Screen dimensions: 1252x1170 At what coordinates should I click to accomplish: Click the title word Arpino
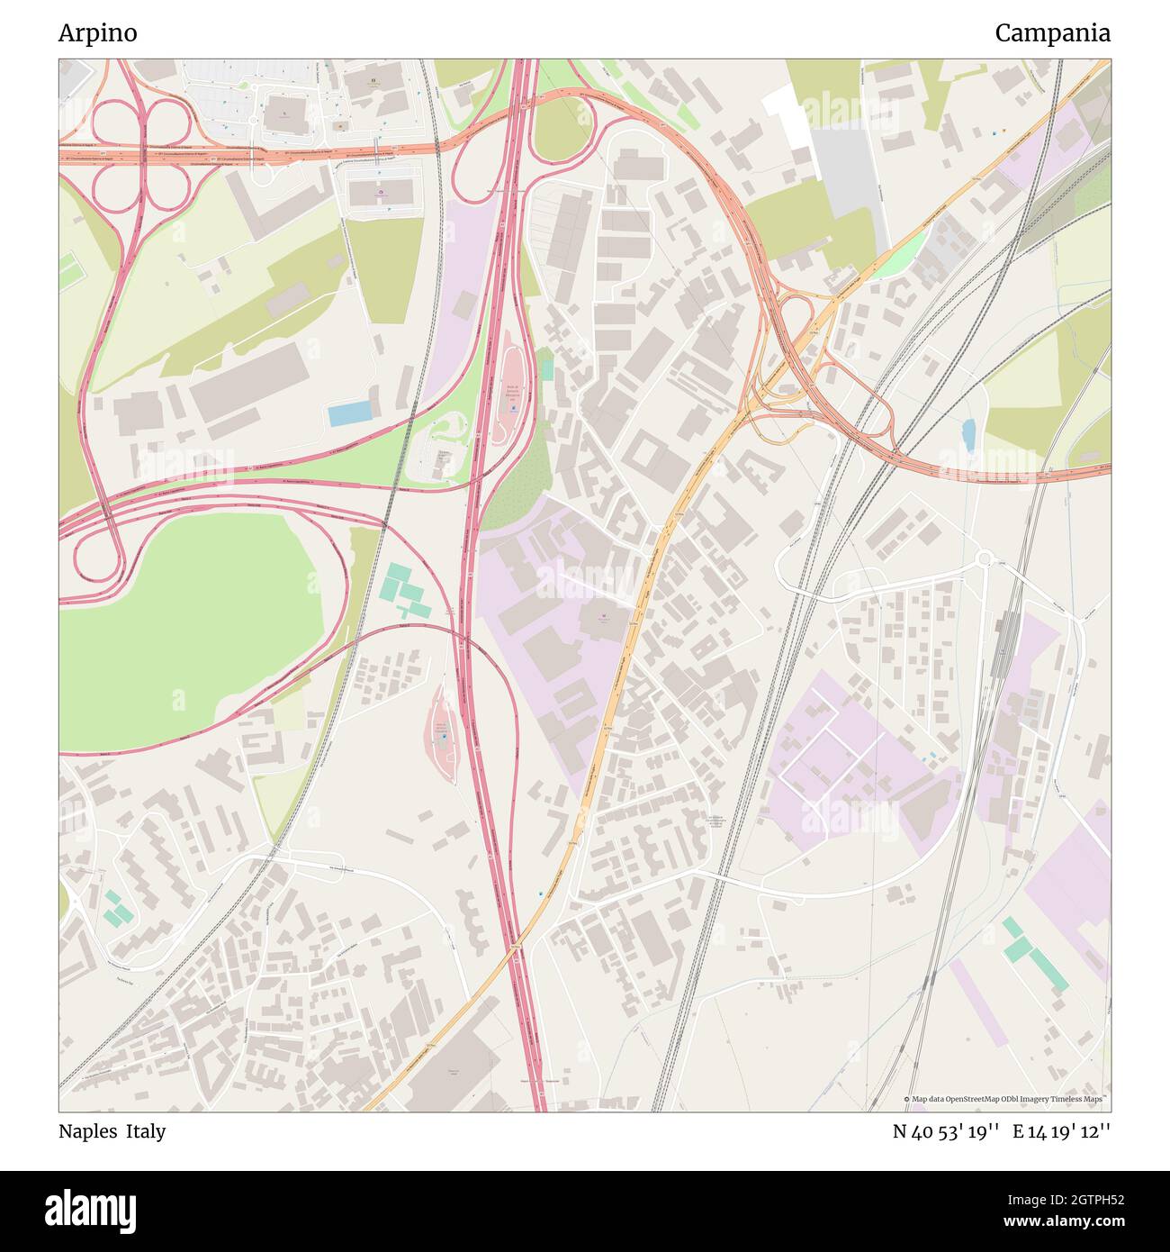click(98, 33)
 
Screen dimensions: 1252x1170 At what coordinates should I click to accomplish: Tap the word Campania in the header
click(1052, 33)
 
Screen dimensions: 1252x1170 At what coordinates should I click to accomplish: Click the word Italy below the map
click(146, 1131)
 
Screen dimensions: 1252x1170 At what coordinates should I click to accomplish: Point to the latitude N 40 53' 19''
click(946, 1131)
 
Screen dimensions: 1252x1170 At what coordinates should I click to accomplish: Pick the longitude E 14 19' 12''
click(1061, 1131)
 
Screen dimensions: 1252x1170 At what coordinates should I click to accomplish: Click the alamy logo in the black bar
click(90, 1207)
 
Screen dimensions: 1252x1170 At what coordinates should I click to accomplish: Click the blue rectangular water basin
click(349, 414)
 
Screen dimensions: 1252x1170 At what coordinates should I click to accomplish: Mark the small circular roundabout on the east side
click(985, 558)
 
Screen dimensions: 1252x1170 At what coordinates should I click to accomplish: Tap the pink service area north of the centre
click(511, 388)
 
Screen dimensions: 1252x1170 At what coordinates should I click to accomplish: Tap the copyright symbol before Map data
click(906, 1100)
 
